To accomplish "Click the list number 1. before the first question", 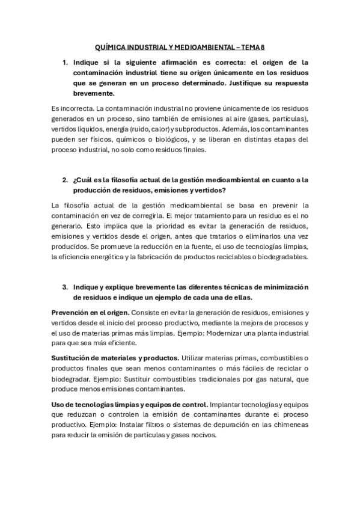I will (x=65, y=62).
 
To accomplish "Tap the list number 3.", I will (x=65, y=287).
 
